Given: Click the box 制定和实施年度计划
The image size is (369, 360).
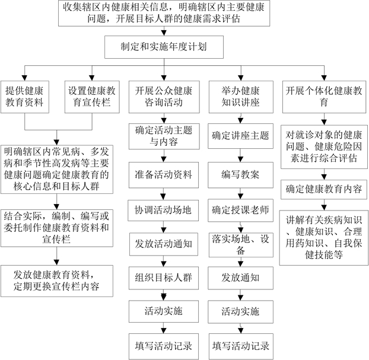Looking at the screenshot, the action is pyautogui.click(x=164, y=47).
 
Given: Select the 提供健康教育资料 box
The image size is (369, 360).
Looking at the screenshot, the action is pyautogui.click(x=25, y=97).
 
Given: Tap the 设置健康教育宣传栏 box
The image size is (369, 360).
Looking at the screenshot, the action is pyautogui.click(x=92, y=97).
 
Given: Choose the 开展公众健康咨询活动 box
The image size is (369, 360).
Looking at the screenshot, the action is pyautogui.click(x=164, y=97).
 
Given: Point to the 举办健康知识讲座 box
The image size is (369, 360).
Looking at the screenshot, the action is pyautogui.click(x=241, y=97).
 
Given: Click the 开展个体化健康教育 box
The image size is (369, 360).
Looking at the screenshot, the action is pyautogui.click(x=325, y=97).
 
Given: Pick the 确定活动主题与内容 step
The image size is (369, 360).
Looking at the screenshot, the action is pyautogui.click(x=164, y=136).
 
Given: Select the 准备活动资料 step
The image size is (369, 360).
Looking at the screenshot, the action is pyautogui.click(x=164, y=175).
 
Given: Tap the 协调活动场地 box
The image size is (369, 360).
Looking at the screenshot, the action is pyautogui.click(x=163, y=211).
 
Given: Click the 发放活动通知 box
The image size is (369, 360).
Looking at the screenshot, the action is pyautogui.click(x=164, y=244).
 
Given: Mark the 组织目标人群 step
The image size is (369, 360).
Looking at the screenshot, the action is pyautogui.click(x=164, y=278).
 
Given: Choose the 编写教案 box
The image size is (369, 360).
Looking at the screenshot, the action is pyautogui.click(x=240, y=175).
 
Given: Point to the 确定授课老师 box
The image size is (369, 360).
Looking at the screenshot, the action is pyautogui.click(x=240, y=211).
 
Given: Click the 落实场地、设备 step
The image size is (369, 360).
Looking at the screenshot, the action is pyautogui.click(x=241, y=245).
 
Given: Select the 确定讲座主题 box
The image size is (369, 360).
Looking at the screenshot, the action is pyautogui.click(x=240, y=136).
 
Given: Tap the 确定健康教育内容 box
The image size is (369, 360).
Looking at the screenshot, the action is pyautogui.click(x=324, y=189).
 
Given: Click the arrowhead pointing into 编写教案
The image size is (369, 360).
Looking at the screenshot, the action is pyautogui.click(x=240, y=160).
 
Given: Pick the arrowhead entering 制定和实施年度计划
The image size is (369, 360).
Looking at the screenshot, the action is pyautogui.click(x=164, y=33).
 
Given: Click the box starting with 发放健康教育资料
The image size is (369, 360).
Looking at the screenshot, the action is pyautogui.click(x=57, y=281).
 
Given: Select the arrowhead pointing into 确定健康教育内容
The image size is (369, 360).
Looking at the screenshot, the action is pyautogui.click(x=325, y=177).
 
